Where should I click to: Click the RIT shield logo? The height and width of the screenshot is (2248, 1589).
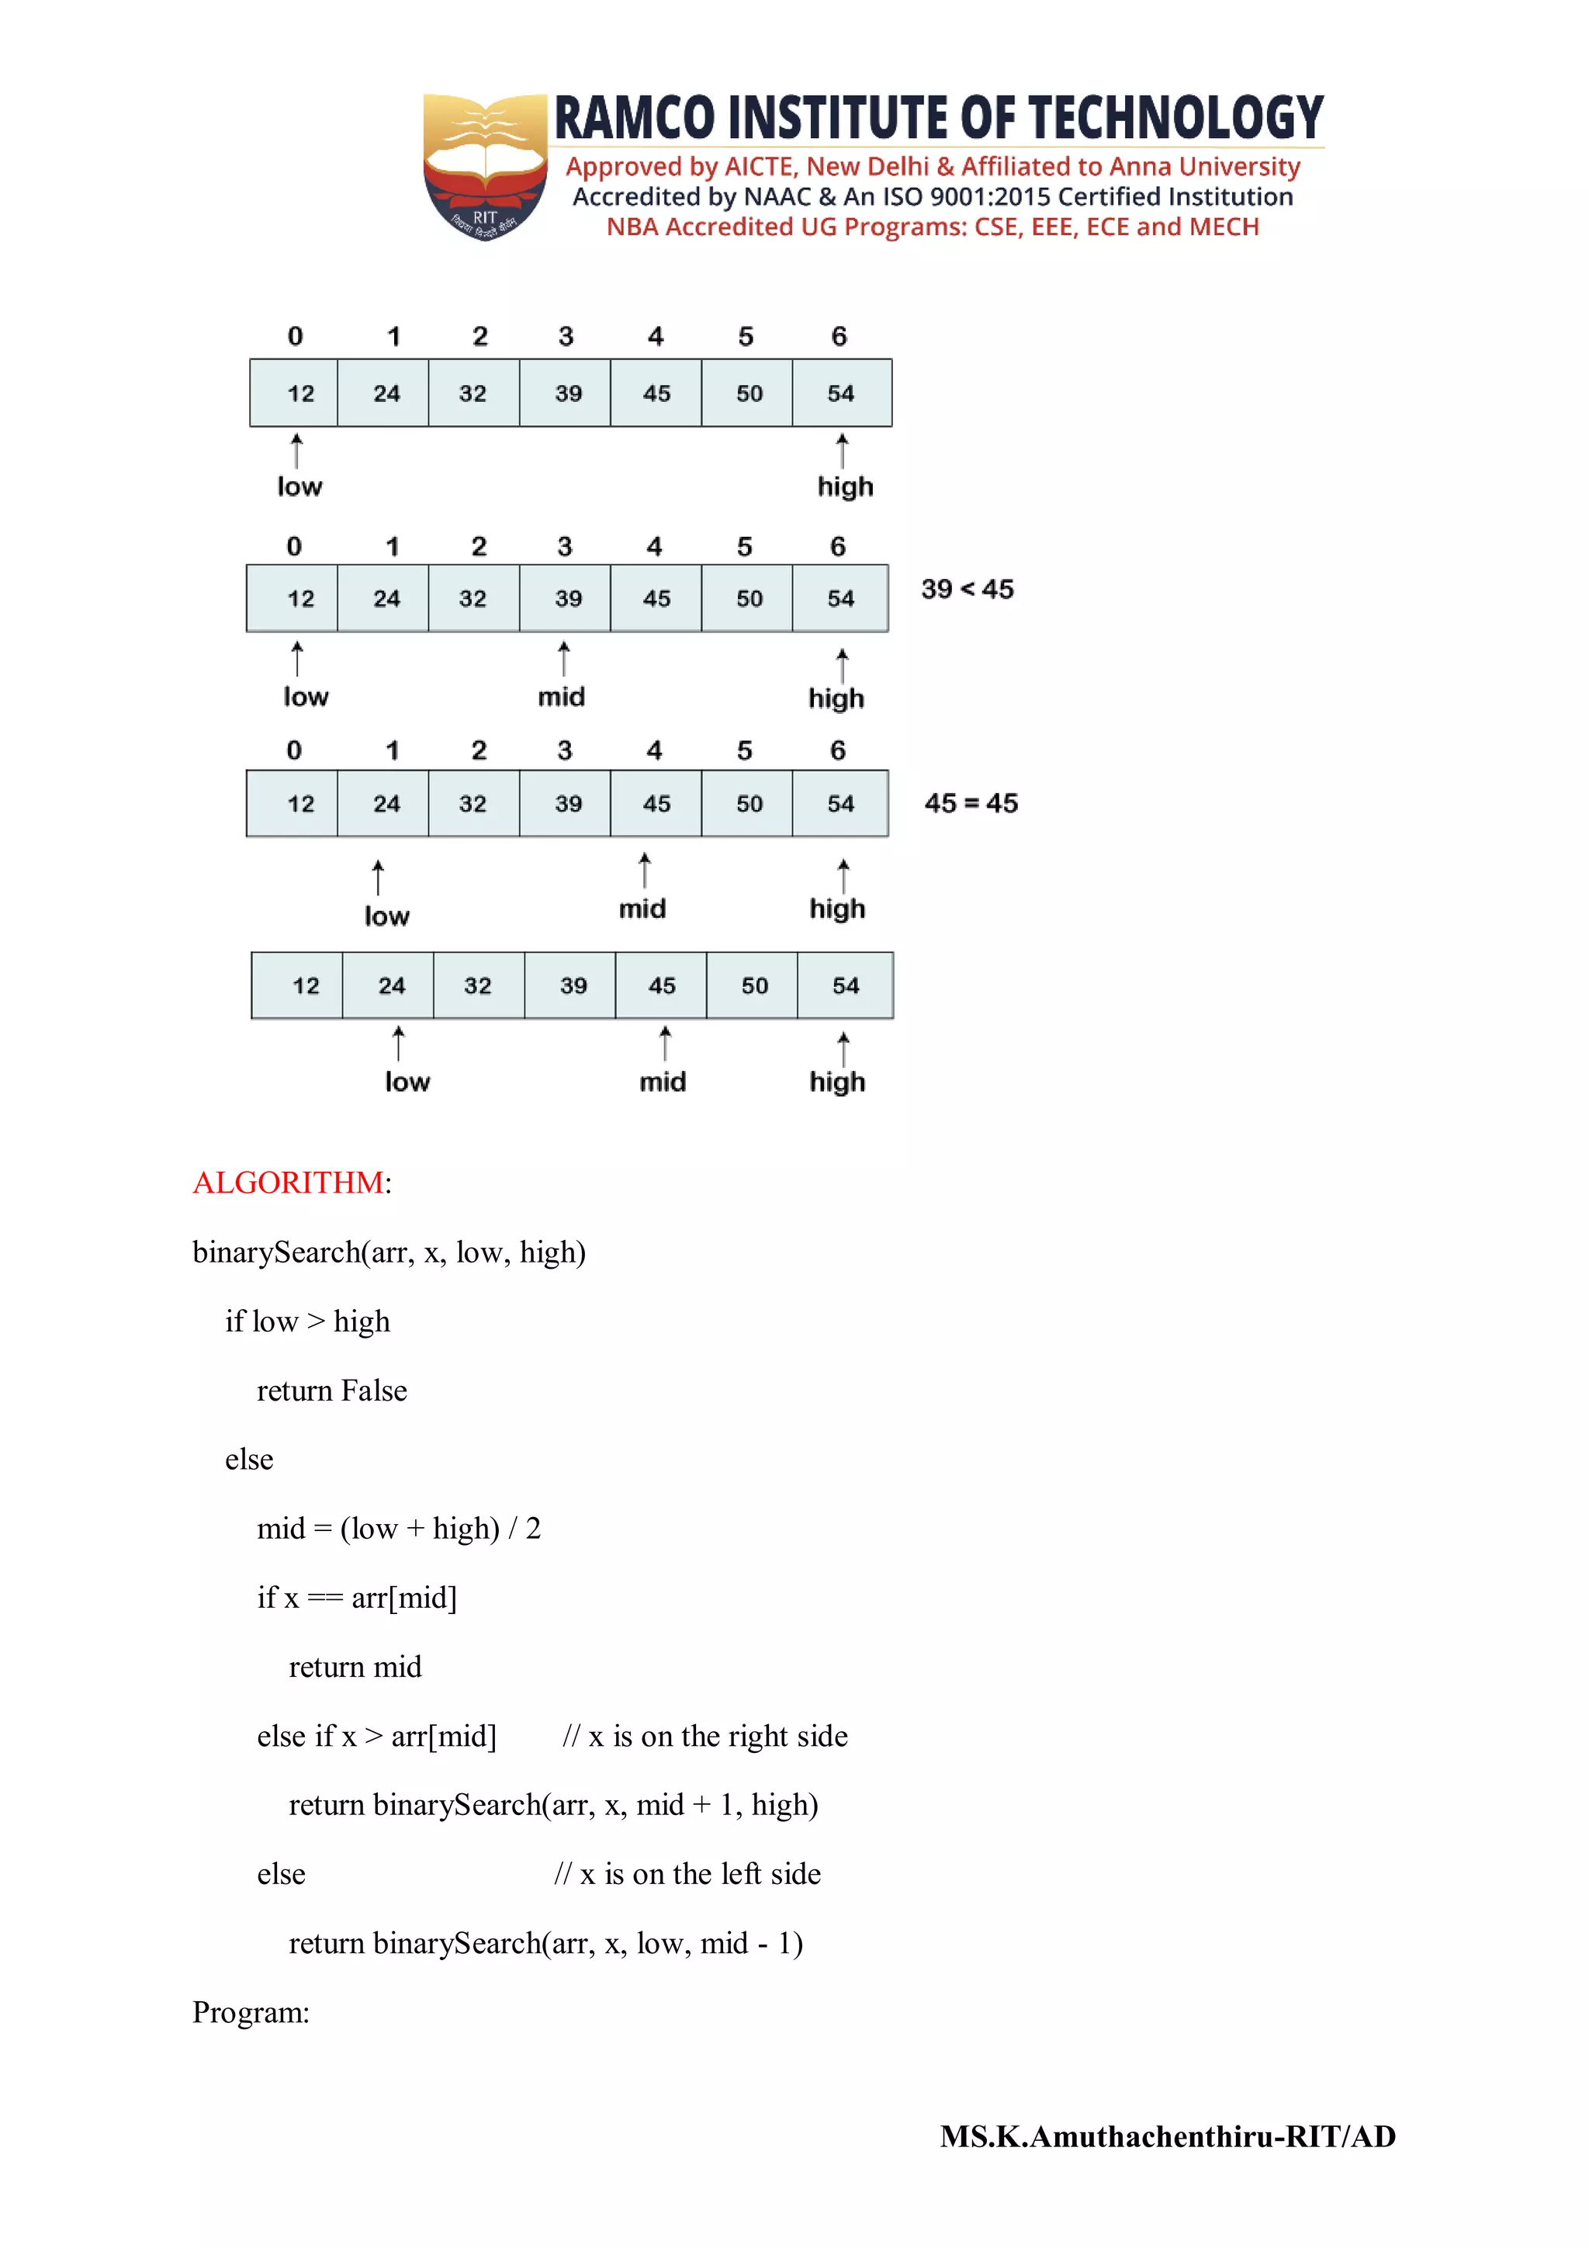click(x=485, y=166)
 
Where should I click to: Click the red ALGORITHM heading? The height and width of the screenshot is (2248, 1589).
click(x=288, y=1183)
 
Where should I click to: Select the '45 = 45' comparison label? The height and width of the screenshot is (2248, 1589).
click(x=971, y=803)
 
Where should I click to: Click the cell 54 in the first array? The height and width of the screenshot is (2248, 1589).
click(x=841, y=393)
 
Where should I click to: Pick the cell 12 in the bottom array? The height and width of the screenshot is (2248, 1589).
click(x=306, y=986)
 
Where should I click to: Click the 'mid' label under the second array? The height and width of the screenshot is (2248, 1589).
click(x=561, y=697)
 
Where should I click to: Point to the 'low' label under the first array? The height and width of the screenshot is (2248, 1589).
click(x=299, y=487)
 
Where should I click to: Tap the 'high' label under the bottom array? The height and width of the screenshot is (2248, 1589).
click(x=837, y=1082)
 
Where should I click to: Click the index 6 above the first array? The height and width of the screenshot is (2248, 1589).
click(x=839, y=337)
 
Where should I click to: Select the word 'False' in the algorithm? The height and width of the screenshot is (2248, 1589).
click(x=374, y=1391)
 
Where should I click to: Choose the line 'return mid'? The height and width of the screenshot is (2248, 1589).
click(x=355, y=1667)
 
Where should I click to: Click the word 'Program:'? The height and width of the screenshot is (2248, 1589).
click(x=251, y=2012)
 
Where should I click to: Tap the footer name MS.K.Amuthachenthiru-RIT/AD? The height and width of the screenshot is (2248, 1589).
click(x=1168, y=2136)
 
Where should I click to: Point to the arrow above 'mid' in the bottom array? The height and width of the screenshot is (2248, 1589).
click(x=665, y=1044)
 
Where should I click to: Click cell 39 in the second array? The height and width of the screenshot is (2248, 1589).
click(x=568, y=599)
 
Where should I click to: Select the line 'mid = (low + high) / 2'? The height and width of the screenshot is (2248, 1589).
click(x=399, y=1529)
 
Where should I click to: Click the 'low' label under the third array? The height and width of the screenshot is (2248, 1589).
click(x=386, y=916)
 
